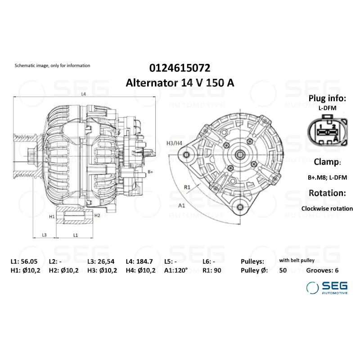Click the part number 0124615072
click(180, 67)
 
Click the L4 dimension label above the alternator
click(84, 94)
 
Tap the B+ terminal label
click(150, 172)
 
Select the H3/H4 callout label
click(174, 143)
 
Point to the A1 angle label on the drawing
click(182, 206)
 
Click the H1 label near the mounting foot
click(52, 216)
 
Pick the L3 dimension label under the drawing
click(45, 235)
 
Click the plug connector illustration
click(327, 131)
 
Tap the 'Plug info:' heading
click(327, 99)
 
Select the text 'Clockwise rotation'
click(327, 208)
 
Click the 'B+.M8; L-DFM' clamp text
click(327, 178)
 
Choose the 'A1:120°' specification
click(176, 270)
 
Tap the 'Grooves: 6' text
click(322, 270)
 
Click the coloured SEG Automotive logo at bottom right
click(327, 287)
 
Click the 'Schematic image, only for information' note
click(52, 66)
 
